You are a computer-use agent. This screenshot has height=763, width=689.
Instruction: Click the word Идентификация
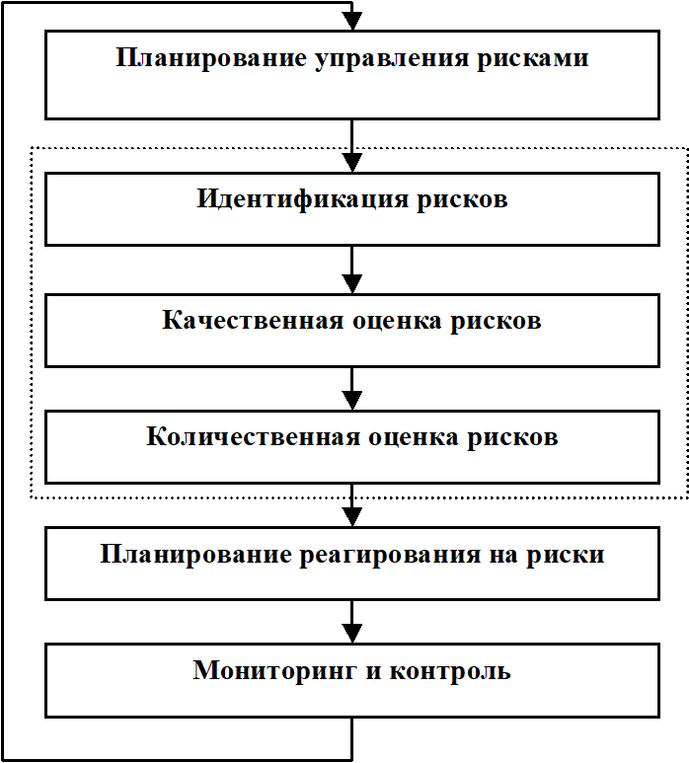(302, 200)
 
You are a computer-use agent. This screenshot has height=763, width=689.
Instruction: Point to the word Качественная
(253, 320)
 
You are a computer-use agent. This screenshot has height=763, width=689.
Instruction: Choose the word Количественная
(253, 436)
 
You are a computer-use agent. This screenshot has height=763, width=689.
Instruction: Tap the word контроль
(450, 671)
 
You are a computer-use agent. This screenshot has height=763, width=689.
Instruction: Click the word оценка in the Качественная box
(397, 321)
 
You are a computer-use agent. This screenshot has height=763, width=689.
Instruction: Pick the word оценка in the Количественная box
(414, 437)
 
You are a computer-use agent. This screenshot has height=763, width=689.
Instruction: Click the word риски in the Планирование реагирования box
(566, 555)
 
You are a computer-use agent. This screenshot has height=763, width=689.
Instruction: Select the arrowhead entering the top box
(351, 22)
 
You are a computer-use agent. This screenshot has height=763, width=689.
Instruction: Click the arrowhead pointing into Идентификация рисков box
(351, 163)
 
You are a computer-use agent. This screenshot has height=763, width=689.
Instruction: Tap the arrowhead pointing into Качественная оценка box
(351, 284)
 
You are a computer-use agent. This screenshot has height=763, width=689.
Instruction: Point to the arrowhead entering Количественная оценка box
(351, 401)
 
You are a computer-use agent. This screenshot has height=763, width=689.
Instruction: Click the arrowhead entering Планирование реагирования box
(351, 517)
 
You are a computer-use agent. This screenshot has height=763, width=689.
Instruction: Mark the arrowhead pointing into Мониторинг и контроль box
(351, 634)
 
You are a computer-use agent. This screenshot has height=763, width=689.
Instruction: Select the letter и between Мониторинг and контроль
(373, 671)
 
